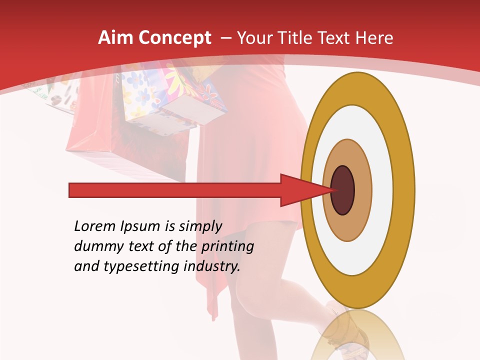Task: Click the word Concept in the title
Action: coord(174,38)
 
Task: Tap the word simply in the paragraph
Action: coord(199,226)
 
